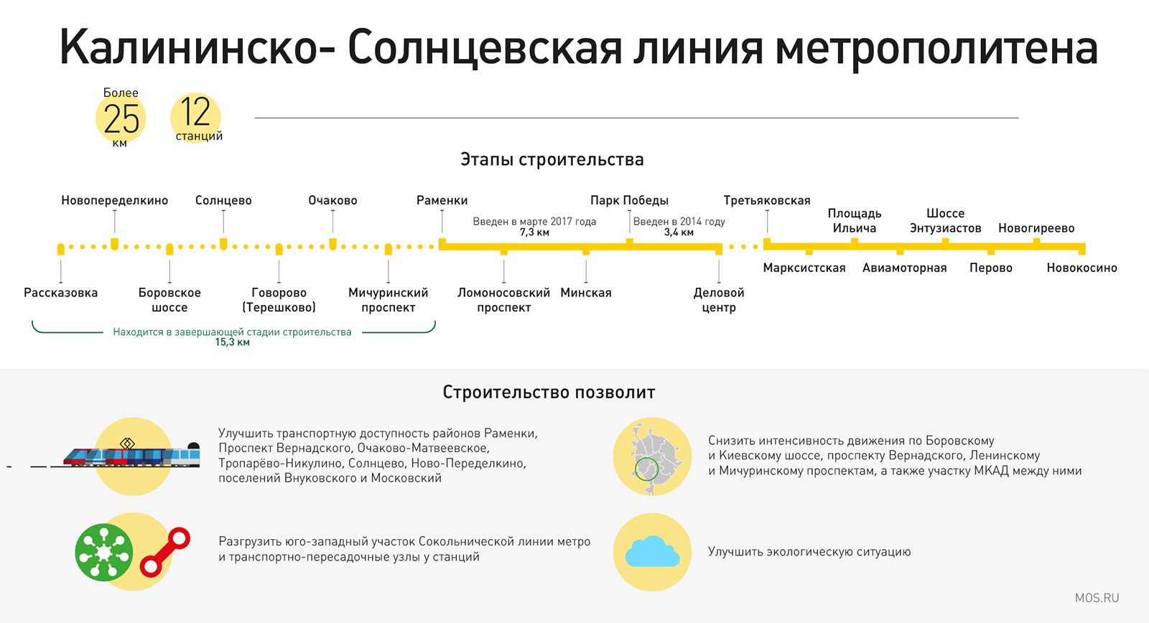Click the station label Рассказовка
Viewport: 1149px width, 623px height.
pos(60,293)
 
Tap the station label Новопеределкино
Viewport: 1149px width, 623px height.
pos(114,200)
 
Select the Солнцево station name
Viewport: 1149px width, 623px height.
pos(223,200)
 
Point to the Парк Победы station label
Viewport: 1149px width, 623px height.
pos(629,200)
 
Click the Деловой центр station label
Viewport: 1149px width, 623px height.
pos(719,300)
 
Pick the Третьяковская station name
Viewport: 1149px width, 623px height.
pos(767,200)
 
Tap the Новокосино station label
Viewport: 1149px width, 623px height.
pos(1081,268)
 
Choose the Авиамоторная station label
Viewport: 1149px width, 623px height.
pos(904,268)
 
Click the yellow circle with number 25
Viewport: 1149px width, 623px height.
pos(121,118)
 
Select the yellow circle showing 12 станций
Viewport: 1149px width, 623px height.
pos(196,118)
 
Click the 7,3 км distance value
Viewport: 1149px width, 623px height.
pos(534,233)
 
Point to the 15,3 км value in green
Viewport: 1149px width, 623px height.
pos(233,342)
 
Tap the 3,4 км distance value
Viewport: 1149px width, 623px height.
pos(679,233)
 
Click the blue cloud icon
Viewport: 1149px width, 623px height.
pos(653,551)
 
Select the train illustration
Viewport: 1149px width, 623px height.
pos(132,454)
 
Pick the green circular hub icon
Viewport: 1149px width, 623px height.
pos(104,553)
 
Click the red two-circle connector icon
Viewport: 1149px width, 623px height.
pos(165,552)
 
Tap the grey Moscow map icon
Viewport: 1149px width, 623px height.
pos(652,457)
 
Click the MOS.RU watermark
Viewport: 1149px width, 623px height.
pos(1097,598)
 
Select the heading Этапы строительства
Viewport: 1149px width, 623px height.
pos(552,159)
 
